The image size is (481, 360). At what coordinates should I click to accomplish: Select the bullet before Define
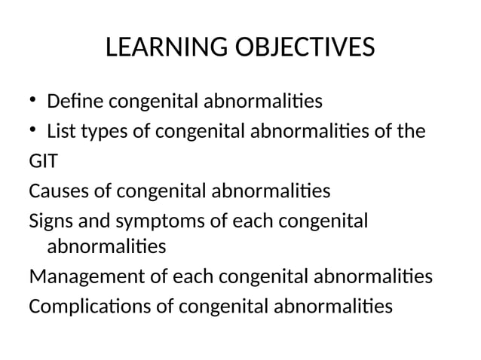coord(33,99)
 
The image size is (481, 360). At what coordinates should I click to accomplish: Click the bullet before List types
coord(33,131)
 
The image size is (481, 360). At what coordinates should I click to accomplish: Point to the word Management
coord(86,276)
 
